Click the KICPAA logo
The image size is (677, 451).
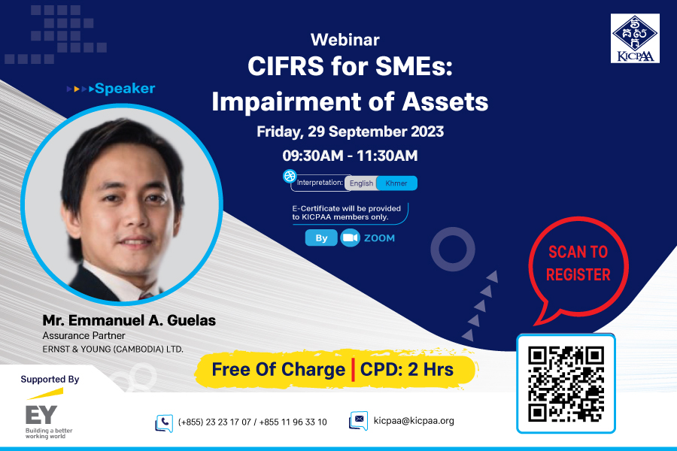[635, 38]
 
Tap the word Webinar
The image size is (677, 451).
[345, 40]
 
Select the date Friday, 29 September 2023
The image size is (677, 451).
[350, 132]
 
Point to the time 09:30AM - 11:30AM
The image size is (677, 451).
[350, 156]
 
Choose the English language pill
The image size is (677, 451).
[361, 183]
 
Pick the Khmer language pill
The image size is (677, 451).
[396, 183]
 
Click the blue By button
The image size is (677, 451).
[321, 238]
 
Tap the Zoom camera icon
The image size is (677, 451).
[350, 238]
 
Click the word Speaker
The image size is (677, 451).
[125, 89]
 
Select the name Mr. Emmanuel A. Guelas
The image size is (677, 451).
[129, 321]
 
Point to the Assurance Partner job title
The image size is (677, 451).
[83, 336]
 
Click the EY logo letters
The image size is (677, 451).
[41, 415]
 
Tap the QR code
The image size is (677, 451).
[566, 383]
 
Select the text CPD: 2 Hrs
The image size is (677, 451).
[407, 370]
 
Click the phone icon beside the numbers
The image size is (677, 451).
[164, 423]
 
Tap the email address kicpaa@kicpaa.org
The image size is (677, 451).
[414, 421]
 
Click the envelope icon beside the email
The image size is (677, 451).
[358, 420]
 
